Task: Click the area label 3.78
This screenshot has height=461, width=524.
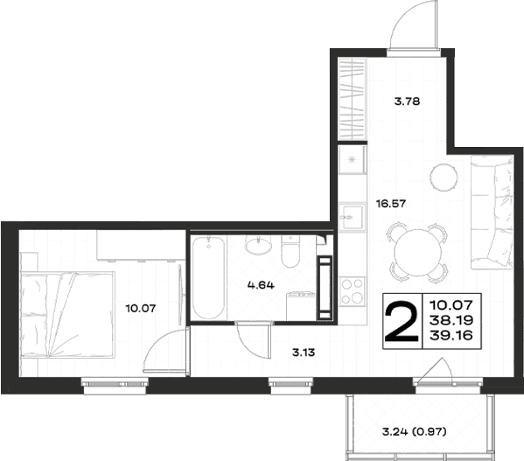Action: [407, 101]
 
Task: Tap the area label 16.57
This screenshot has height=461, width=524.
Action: [391, 203]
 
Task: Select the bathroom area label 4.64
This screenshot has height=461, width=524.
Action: [261, 285]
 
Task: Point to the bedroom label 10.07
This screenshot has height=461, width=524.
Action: [141, 308]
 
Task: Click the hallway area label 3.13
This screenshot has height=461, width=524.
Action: [304, 353]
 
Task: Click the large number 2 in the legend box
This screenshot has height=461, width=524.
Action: [402, 321]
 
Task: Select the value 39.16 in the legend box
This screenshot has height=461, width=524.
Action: [451, 335]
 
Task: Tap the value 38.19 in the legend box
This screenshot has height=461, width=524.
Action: [451, 320]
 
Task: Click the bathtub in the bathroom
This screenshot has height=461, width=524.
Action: [208, 278]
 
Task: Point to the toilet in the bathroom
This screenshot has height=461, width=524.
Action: [290, 251]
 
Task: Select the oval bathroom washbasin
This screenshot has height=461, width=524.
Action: [258, 245]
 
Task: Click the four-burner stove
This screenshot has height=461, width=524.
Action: [352, 291]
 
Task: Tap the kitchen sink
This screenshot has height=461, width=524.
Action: [352, 217]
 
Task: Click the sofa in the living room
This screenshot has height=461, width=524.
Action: [492, 212]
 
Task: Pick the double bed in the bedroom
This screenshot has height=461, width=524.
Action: [67, 314]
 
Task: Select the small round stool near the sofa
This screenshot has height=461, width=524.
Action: [444, 177]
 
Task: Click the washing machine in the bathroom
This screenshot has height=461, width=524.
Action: [301, 306]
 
